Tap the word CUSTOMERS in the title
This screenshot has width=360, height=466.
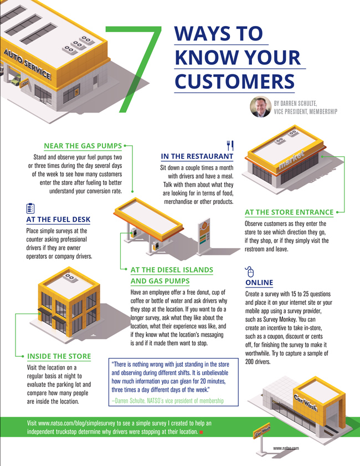click(234, 81)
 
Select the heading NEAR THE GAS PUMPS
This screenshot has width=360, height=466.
click(83, 146)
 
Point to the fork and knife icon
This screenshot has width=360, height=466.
click(230, 145)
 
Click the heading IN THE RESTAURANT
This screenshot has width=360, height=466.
click(197, 157)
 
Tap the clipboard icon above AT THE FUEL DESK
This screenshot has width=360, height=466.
click(30, 208)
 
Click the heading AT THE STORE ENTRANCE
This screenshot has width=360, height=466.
click(289, 212)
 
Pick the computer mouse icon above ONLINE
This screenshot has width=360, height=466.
click(249, 272)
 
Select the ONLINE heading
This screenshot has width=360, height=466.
click(259, 283)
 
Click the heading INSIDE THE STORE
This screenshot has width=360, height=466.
click(59, 355)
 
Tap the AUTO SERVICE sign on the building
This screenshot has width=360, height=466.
click(27, 64)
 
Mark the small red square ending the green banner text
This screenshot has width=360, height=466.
click(202, 432)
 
